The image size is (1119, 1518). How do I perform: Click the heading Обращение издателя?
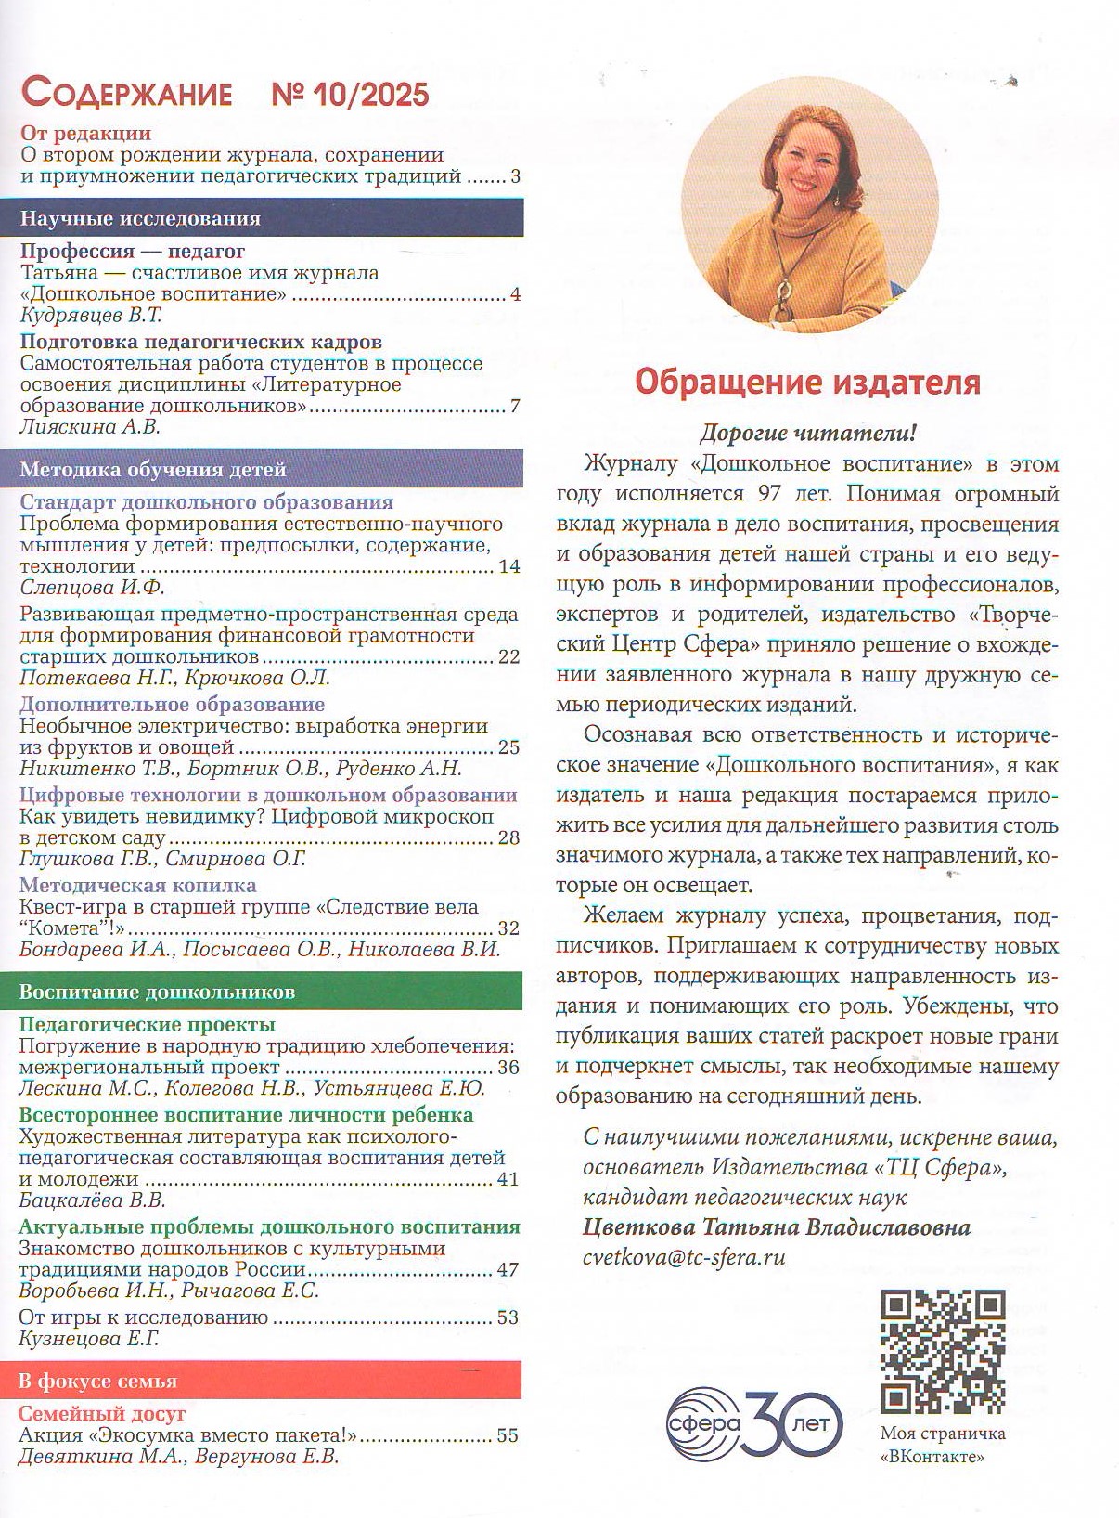[x=806, y=382]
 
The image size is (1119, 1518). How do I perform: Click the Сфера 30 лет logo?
[x=753, y=1423]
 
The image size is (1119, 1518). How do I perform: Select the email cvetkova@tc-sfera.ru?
[x=684, y=1257]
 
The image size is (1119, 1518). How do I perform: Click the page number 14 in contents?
[x=508, y=566]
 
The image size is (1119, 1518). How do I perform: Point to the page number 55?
[x=508, y=1435]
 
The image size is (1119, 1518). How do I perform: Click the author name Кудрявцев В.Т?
[x=91, y=316]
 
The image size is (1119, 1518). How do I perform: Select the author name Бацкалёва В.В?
[x=92, y=1200]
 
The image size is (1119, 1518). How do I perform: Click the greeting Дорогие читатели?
[x=806, y=433]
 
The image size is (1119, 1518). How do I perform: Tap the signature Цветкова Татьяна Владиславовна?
[x=777, y=1227]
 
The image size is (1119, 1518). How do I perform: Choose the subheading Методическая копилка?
[x=137, y=885]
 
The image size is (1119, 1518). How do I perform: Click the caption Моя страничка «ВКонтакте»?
[x=942, y=1444]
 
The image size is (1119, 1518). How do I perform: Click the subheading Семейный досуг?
[x=102, y=1413]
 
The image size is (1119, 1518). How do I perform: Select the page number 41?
[x=508, y=1179]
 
